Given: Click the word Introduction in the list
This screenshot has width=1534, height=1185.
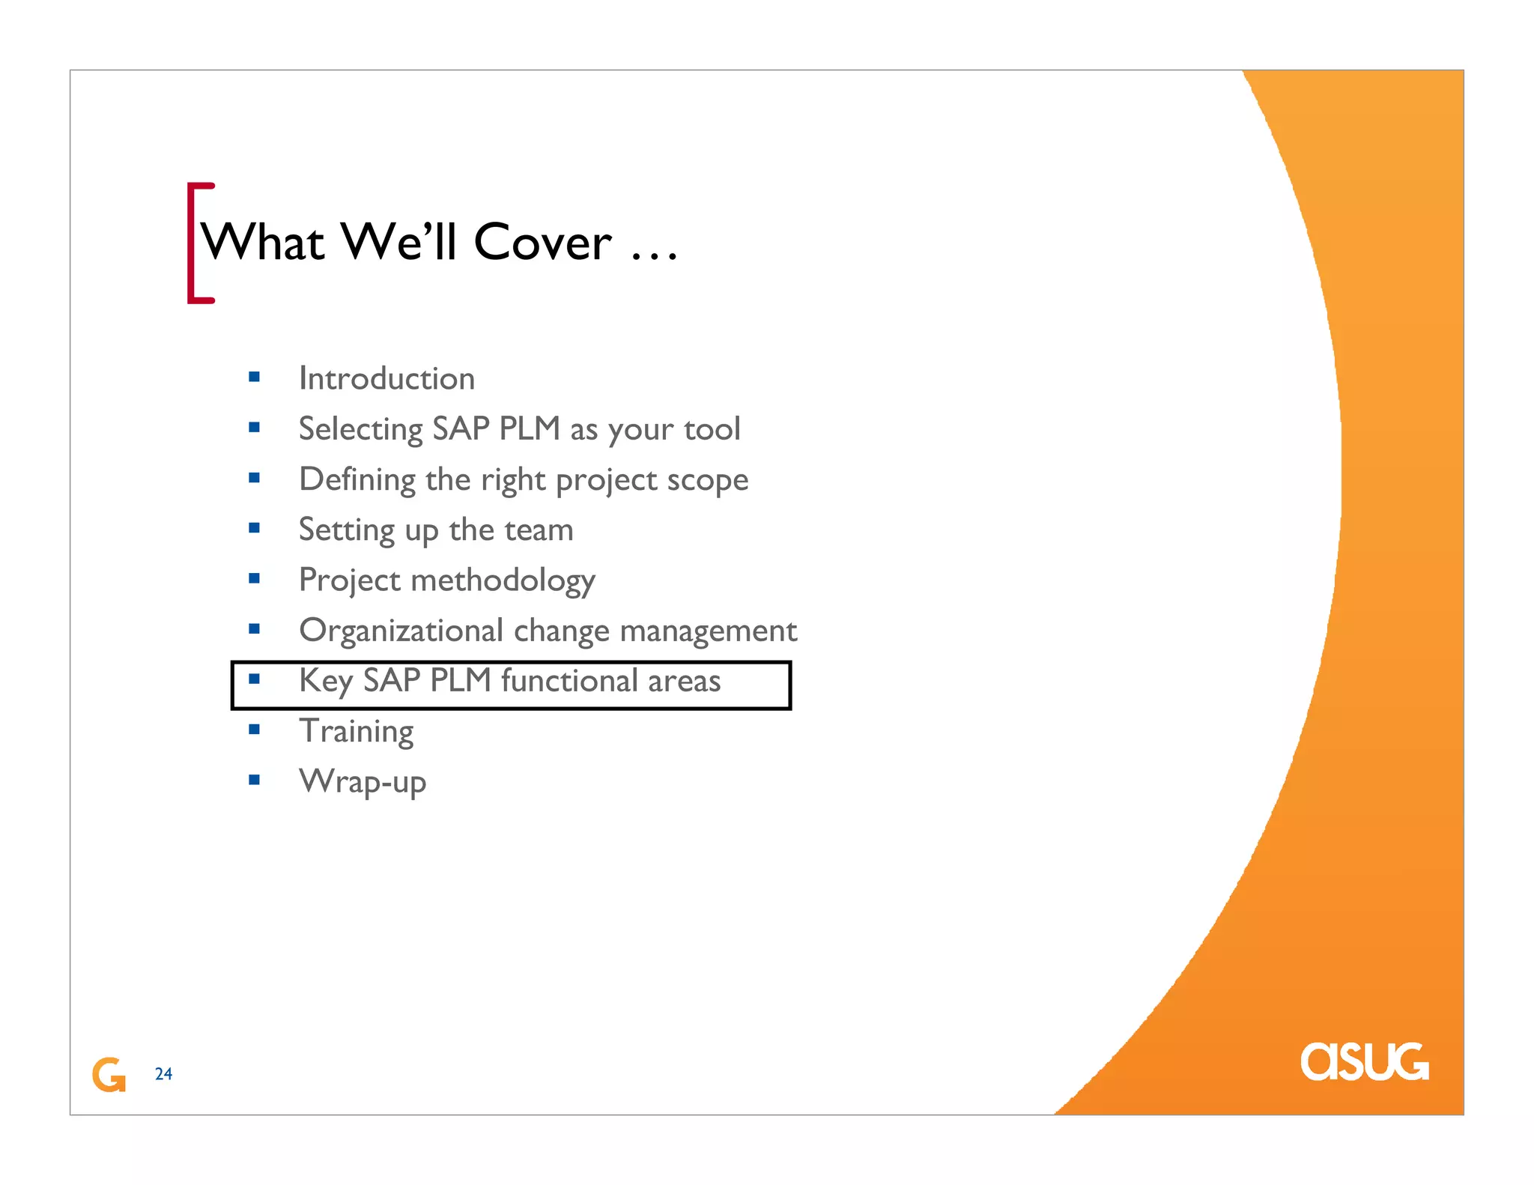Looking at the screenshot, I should tap(386, 378).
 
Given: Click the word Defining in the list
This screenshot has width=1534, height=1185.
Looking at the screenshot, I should tap(357, 479).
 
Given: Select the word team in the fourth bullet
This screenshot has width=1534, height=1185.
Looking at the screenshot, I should tap(539, 530).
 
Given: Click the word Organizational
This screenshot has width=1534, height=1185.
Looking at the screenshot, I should tap(401, 631).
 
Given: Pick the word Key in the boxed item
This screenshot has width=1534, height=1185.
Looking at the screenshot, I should tap(325, 681).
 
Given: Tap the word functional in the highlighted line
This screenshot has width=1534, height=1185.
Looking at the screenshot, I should tap(569, 681).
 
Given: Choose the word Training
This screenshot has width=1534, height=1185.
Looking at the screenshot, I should tap(357, 731).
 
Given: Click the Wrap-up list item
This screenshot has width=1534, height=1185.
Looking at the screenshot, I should tap(363, 781).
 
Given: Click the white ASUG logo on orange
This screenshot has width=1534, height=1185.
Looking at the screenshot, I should tap(1364, 1061).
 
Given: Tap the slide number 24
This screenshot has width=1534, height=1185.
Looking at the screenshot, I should tap(163, 1074).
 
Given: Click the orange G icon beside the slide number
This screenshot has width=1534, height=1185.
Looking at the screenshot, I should tap(109, 1074).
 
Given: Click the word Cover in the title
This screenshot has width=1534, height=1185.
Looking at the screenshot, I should tap(543, 243).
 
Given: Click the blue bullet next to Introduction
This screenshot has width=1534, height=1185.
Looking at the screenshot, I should tap(255, 377).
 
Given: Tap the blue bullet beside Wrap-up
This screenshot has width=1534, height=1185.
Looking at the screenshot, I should tap(255, 780).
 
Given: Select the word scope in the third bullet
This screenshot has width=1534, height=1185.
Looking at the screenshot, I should tap(707, 480).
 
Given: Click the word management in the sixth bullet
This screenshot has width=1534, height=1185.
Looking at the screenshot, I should tap(709, 631).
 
